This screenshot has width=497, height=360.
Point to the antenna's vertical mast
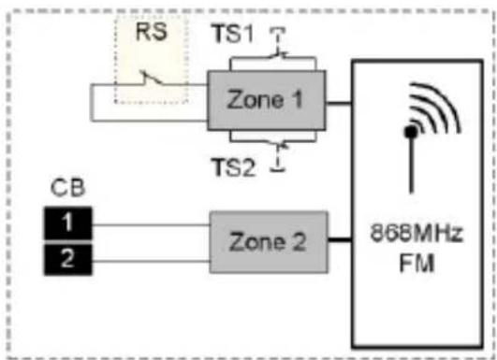[x=409, y=168]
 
